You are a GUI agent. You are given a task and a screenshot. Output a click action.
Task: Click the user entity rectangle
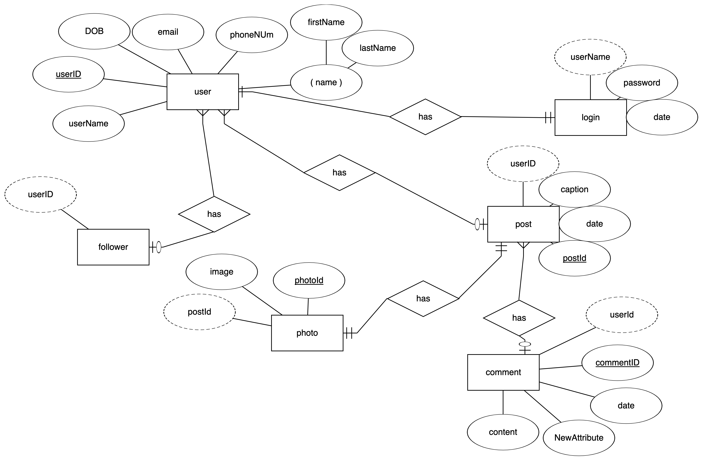pyautogui.click(x=203, y=92)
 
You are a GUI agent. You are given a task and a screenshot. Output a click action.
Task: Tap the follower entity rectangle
pyautogui.click(x=113, y=247)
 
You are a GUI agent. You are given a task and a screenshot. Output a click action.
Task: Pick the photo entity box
pyautogui.click(x=307, y=333)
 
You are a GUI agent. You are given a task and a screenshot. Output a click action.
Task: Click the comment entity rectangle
pyautogui.click(x=503, y=372)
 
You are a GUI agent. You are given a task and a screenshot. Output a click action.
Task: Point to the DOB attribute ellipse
pyautogui.click(x=94, y=31)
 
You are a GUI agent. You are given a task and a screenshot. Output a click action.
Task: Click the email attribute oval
pyautogui.click(x=168, y=32)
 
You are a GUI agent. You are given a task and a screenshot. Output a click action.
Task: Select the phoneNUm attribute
pyautogui.click(x=252, y=35)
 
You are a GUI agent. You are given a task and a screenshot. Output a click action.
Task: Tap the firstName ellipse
pyautogui.click(x=326, y=22)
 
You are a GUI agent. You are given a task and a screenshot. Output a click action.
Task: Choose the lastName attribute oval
pyautogui.click(x=377, y=48)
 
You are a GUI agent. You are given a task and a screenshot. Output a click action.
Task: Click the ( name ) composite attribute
pyautogui.click(x=326, y=82)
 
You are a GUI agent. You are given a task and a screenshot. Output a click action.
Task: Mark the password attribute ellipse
pyautogui.click(x=642, y=83)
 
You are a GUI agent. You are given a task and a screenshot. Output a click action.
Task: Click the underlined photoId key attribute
pyautogui.click(x=309, y=280)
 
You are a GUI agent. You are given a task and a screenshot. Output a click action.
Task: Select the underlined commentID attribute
pyautogui.click(x=617, y=363)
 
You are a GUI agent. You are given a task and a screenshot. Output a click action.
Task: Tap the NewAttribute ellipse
pyautogui.click(x=579, y=438)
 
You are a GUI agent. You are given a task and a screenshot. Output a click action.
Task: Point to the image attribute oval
pyautogui.click(x=222, y=272)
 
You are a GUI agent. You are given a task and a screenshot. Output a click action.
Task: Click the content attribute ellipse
pyautogui.click(x=503, y=432)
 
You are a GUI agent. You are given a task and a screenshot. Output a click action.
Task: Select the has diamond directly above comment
pyautogui.click(x=519, y=318)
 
